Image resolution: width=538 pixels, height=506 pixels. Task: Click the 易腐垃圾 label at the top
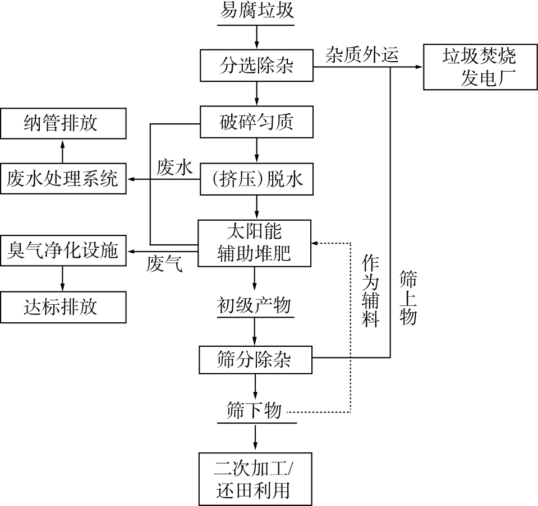pyautogui.click(x=256, y=11)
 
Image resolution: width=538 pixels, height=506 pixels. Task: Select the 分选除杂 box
pyautogui.click(x=256, y=66)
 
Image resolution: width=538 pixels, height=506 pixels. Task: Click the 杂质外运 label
pyautogui.click(x=361, y=54)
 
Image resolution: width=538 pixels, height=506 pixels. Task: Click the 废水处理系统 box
pyautogui.click(x=63, y=179)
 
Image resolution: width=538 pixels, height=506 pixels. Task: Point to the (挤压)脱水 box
pyautogui.click(x=256, y=179)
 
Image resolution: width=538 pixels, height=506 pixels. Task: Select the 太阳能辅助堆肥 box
pyautogui.click(x=255, y=243)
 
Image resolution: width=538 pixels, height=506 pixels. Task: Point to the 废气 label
pyautogui.click(x=164, y=264)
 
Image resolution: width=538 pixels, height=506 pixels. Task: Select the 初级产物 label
pyautogui.click(x=254, y=306)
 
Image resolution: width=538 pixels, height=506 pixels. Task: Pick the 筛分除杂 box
pyautogui.click(x=255, y=359)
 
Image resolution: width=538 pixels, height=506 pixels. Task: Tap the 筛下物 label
pyautogui.click(x=254, y=411)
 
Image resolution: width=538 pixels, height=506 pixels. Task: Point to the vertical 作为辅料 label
pyautogui.click(x=370, y=291)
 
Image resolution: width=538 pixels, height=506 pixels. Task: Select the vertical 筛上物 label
pyautogui.click(x=407, y=298)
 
